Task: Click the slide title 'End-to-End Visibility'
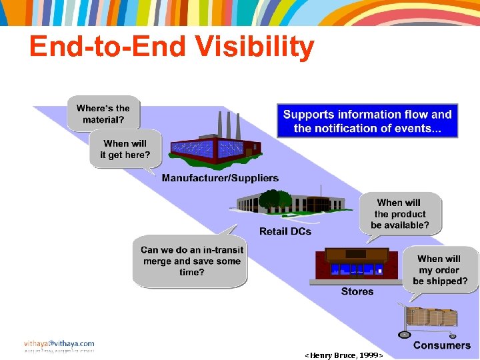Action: click(171, 47)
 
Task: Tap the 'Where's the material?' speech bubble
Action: click(103, 114)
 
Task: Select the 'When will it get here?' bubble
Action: click(125, 149)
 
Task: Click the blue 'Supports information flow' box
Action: click(367, 121)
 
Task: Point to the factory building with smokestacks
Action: click(213, 148)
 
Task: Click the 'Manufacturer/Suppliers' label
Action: click(220, 178)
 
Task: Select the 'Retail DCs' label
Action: click(285, 231)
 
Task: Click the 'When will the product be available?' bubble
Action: click(399, 214)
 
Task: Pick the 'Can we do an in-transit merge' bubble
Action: click(192, 261)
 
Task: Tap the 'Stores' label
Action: click(357, 291)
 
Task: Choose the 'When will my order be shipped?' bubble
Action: click(439, 270)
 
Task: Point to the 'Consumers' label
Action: click(441, 345)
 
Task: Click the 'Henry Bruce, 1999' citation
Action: click(344, 355)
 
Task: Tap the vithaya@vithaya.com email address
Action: click(59, 344)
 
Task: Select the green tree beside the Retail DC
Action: click(273, 199)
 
